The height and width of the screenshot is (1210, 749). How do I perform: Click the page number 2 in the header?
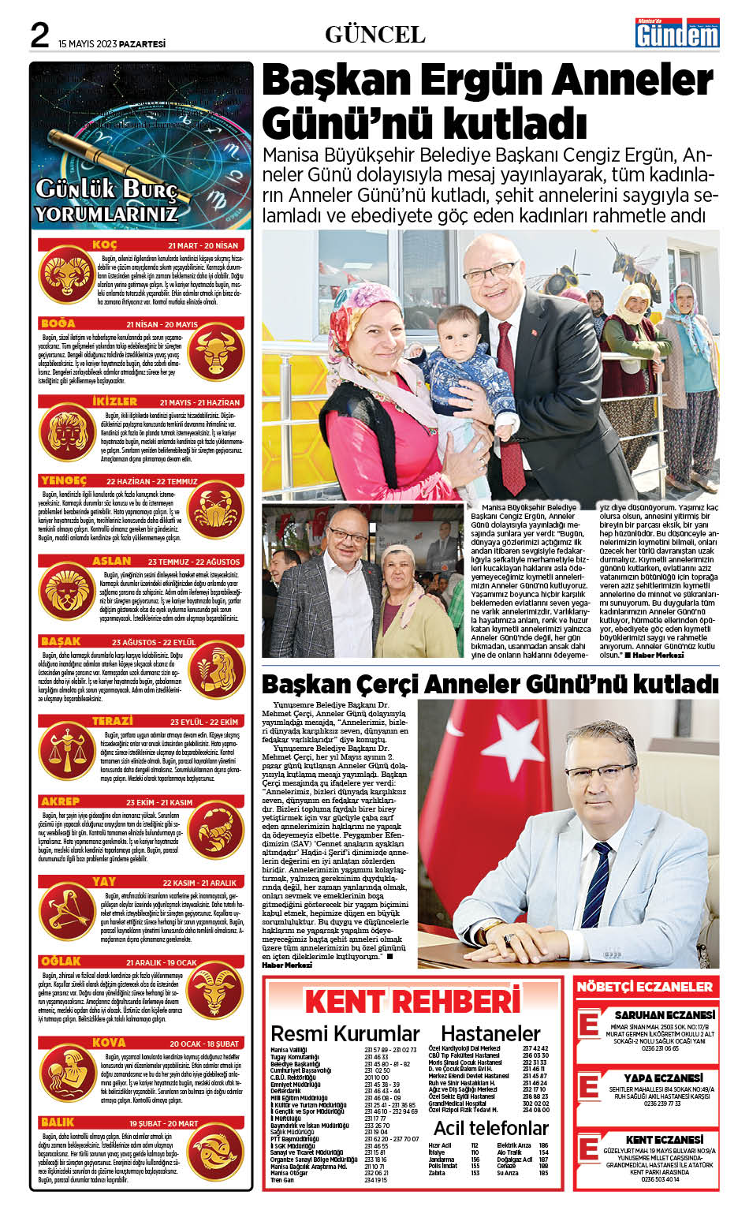coord(39,35)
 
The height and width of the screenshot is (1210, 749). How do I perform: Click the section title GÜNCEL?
coord(374,35)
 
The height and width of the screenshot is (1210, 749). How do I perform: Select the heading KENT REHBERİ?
coord(412,1002)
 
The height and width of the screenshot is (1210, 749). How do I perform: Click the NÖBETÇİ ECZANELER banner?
coord(644,987)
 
